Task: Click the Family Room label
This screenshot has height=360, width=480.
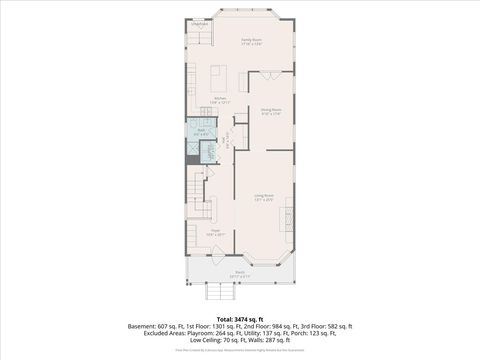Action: pos(237,41)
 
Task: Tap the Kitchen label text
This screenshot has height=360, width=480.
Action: pos(221,99)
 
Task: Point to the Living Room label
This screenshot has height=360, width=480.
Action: pos(264,198)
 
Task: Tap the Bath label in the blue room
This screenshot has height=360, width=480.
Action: pos(200,131)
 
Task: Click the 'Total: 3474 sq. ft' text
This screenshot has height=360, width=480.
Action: pos(240,317)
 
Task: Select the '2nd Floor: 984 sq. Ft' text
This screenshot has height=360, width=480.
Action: pos(268,326)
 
